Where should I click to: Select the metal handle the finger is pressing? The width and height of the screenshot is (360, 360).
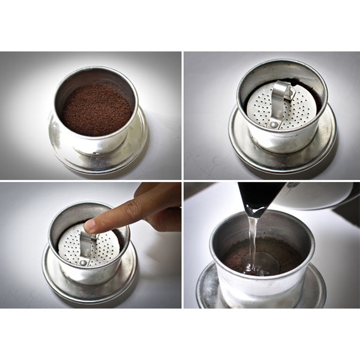[x=87, y=243]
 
